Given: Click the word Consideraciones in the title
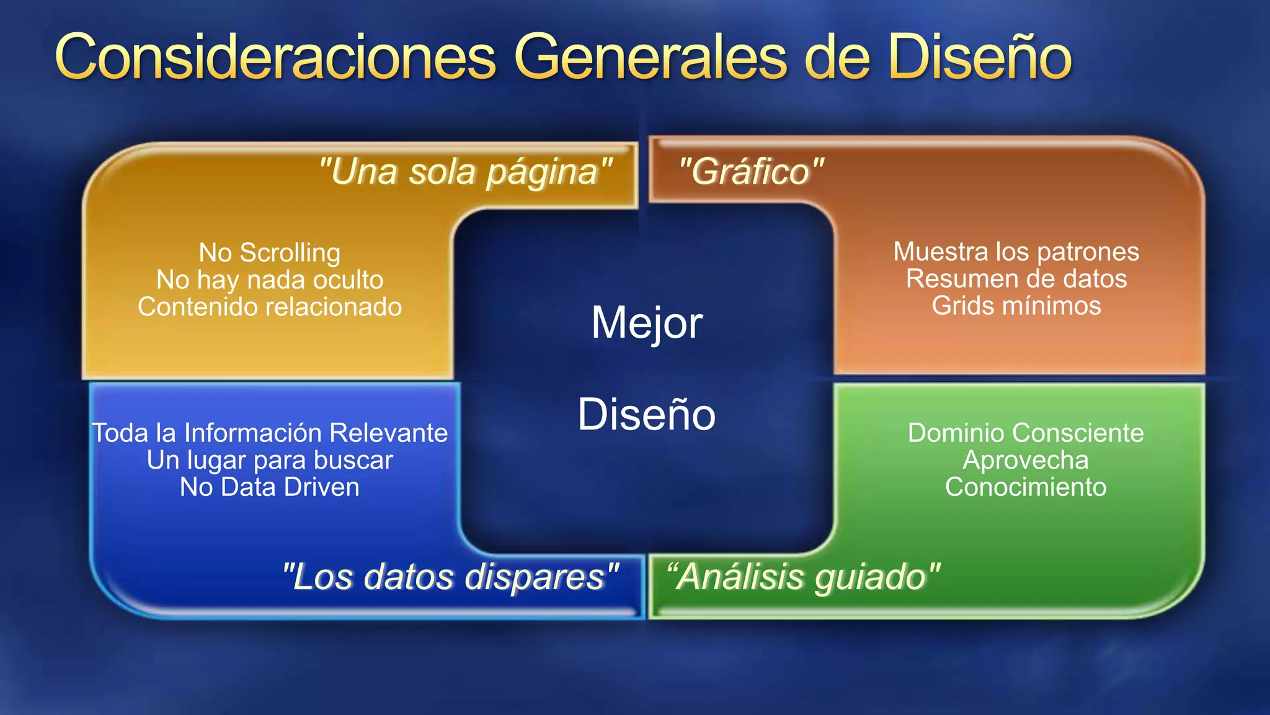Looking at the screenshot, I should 276,58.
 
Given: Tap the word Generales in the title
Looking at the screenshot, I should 651,58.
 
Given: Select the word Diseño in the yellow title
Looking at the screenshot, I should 980,58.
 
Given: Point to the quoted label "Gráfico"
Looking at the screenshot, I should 751,172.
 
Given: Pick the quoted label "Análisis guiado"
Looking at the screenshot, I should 803,577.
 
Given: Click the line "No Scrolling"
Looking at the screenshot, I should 270,253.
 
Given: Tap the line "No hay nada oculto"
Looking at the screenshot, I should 270,280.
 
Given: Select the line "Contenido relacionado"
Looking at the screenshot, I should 270,307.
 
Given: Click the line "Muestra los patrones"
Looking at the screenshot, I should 1016,252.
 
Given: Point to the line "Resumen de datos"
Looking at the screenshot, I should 1016,279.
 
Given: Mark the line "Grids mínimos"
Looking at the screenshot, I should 1016,306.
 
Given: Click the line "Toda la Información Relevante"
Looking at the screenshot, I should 270,433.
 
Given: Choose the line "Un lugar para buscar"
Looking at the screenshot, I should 270,461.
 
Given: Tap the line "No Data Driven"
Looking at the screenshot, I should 270,487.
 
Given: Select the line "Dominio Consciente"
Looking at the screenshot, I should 1026,433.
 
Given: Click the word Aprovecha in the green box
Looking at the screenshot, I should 1026,461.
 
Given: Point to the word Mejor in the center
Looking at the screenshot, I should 647,323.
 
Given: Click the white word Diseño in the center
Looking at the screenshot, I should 647,415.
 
